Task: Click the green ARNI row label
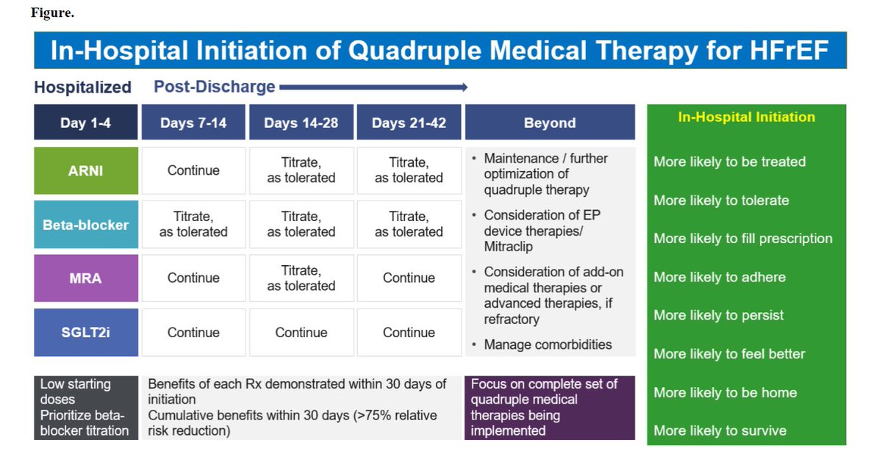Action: pos(85,170)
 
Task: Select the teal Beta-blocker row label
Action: pos(85,224)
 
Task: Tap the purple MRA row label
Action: pos(85,278)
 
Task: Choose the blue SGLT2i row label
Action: pos(85,332)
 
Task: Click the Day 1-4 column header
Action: pos(85,123)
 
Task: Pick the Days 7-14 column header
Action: pos(193,123)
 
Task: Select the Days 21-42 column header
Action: pos(409,123)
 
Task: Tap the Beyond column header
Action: pos(550,123)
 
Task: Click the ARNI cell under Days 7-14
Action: pos(193,170)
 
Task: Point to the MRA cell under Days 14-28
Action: pos(301,278)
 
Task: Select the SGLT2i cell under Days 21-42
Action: pos(409,332)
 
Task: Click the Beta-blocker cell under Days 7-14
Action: pos(193,224)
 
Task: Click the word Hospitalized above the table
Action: pos(82,87)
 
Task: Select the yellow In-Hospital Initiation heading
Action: pos(746,117)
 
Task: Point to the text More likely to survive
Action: pos(720,430)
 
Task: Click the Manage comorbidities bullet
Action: pos(548,344)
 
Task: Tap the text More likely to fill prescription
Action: pos(742,239)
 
